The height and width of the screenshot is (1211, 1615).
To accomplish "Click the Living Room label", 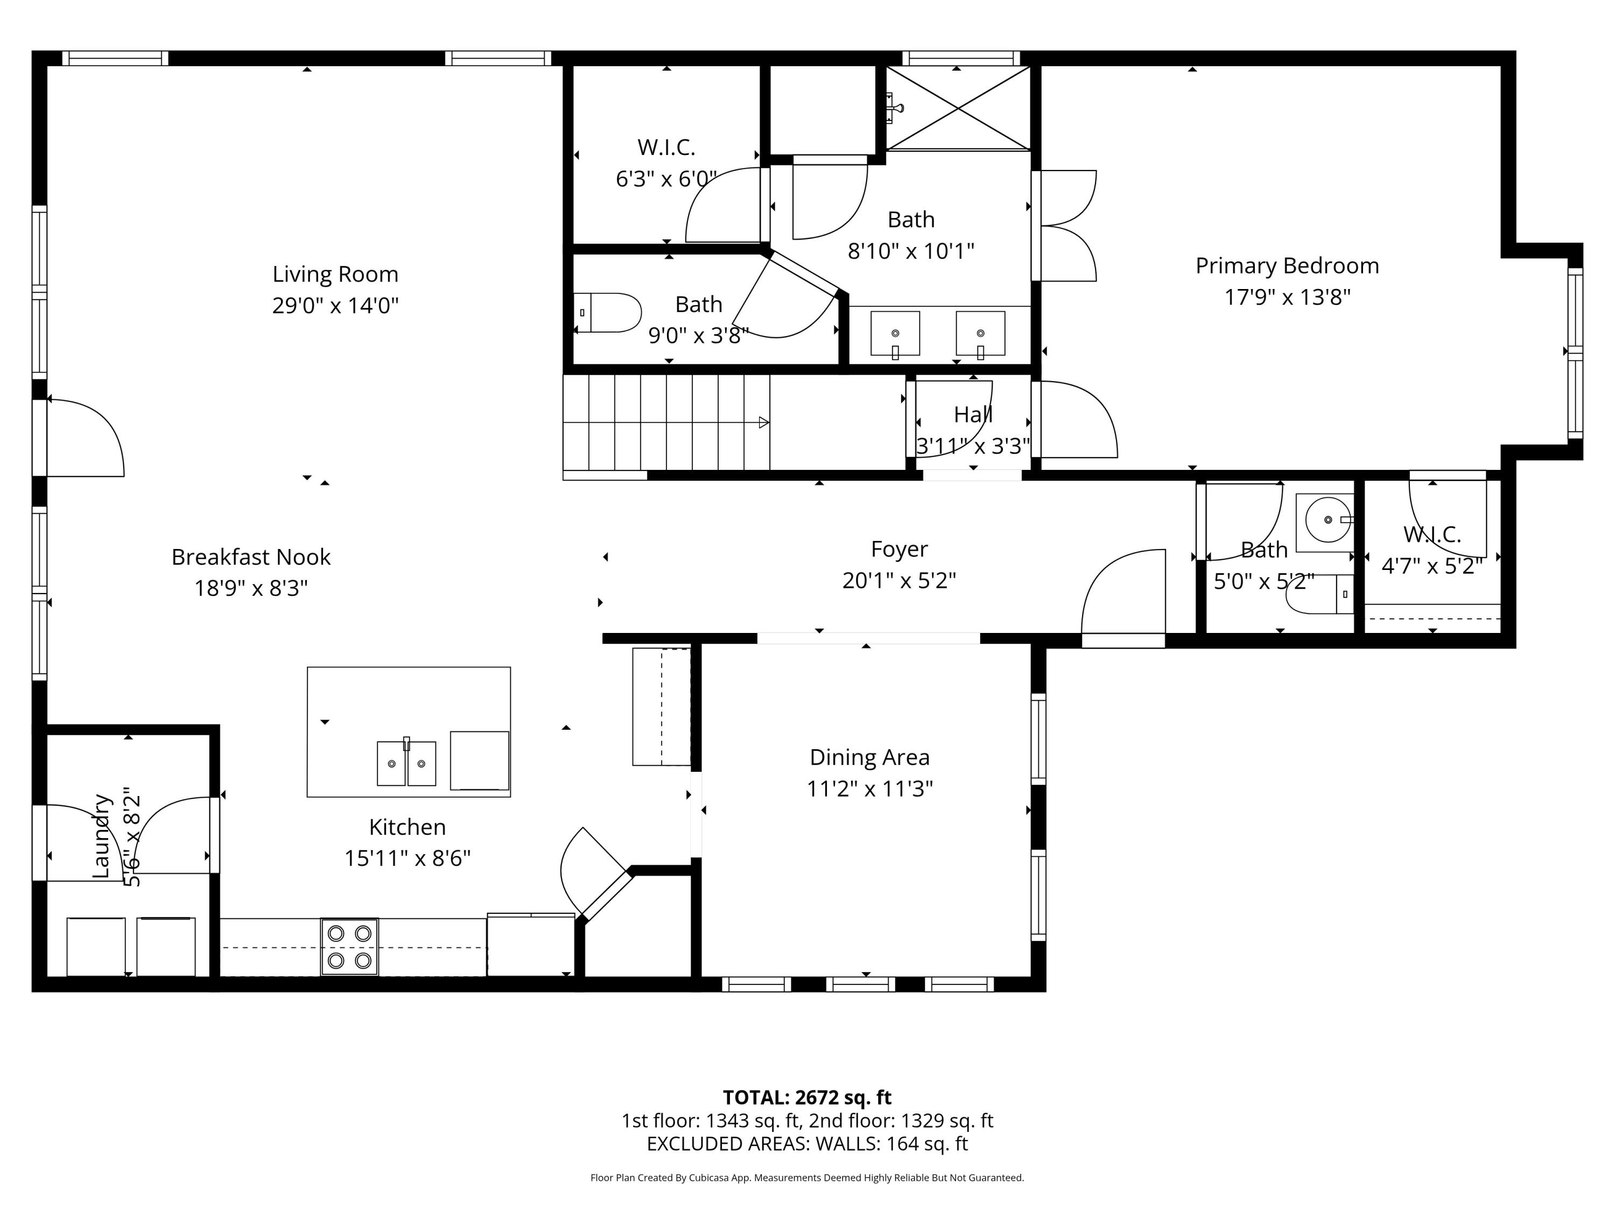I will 335,274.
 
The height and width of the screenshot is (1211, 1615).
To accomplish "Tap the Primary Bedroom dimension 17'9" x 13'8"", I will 1287,297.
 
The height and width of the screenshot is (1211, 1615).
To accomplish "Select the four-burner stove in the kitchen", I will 350,947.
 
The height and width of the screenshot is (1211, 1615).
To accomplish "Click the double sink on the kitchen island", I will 406,763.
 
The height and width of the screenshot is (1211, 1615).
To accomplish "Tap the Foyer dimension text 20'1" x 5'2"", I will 899,580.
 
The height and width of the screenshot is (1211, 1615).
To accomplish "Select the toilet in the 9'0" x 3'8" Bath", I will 608,312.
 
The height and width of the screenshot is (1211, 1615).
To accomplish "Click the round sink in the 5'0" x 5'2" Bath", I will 1326,520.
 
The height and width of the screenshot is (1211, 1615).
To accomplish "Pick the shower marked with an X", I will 957,108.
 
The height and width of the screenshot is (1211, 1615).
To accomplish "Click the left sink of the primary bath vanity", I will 895,334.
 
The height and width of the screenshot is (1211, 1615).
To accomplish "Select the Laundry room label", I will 102,836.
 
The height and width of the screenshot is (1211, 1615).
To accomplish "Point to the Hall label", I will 973,414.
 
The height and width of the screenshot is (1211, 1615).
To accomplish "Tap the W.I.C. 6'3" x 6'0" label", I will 666,147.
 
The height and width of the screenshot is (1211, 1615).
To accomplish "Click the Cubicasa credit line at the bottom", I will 807,1178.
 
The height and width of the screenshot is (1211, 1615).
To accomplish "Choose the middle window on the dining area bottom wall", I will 860,984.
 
